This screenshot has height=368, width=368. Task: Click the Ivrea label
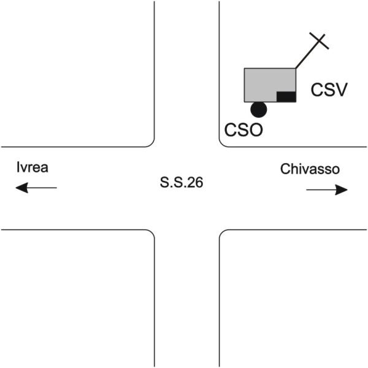[x=32, y=168]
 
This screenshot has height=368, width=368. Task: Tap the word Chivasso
[x=310, y=169]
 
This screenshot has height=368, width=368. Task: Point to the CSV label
[x=329, y=91]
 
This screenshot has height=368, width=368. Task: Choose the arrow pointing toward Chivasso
[x=327, y=190]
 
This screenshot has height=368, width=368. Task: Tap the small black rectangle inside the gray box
[x=286, y=96]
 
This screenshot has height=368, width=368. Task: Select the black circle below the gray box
[x=259, y=110]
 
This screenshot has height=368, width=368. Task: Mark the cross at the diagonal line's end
[x=319, y=42]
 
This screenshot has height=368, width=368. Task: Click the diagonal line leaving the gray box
[x=305, y=56]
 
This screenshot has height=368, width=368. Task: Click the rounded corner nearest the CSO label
[x=223, y=144]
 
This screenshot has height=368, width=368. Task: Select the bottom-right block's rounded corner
[x=223, y=233]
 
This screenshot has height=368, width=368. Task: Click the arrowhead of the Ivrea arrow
[x=20, y=188]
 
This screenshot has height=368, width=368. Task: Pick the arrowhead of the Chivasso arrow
[x=342, y=190]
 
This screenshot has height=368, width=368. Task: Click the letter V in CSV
[x=341, y=91]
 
